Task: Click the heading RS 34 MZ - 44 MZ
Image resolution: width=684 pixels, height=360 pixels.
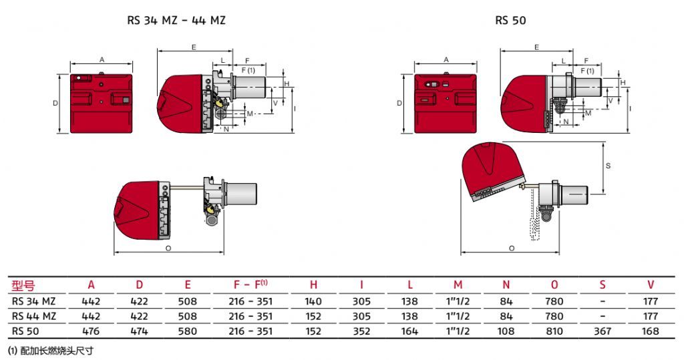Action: pos(176,21)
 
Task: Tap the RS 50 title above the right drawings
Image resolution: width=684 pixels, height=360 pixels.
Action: pos(510,21)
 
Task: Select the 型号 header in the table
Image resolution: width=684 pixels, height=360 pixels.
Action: pos(23,286)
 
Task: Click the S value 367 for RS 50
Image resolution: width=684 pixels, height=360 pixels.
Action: pos(603,331)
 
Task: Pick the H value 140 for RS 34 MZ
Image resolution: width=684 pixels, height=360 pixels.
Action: pos(313,301)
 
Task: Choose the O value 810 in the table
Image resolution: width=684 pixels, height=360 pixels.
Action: pos(554,331)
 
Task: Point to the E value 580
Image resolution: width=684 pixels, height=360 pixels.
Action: pos(187,331)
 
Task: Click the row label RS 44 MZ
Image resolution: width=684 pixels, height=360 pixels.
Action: pos(34,316)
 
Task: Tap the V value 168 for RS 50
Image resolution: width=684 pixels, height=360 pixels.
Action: pos(650,331)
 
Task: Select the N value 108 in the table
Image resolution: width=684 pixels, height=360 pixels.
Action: pos(506,331)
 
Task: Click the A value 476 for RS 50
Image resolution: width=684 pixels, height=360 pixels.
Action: pos(91,331)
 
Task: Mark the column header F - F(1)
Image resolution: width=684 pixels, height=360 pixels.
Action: pos(250,285)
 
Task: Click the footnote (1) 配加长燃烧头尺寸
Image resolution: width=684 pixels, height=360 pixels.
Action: pos(51,351)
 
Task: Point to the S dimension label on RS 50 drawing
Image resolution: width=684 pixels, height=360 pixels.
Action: pos(608,166)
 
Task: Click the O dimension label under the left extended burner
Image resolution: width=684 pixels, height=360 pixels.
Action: pos(168,248)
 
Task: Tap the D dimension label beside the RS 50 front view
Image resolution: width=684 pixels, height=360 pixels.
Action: pos(399,104)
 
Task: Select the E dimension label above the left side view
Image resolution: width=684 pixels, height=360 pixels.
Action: pos(194,47)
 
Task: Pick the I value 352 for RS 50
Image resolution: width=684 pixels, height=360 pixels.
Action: pos(361,331)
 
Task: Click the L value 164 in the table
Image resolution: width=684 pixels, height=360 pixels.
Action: pos(409,331)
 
